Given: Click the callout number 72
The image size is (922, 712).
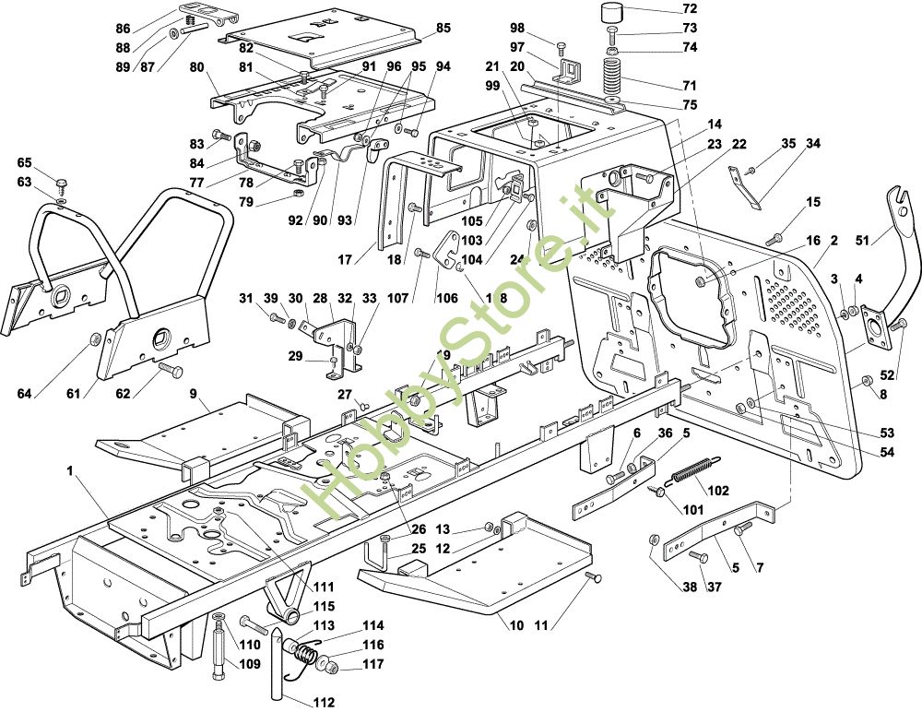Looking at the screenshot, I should (690, 9).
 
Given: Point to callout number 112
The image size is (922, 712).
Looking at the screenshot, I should (324, 702).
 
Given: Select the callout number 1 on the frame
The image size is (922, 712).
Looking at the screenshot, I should (70, 470).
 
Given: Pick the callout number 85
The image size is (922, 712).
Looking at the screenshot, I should (443, 29).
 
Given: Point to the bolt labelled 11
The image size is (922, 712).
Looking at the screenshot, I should (593, 577).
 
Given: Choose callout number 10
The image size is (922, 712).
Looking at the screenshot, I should (516, 626).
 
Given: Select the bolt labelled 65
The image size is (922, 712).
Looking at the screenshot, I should (62, 181).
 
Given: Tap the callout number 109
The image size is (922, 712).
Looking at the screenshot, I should (251, 664).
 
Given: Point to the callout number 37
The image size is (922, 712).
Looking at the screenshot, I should (712, 587).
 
